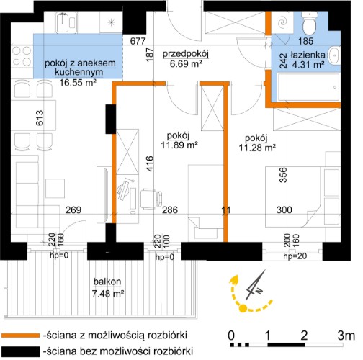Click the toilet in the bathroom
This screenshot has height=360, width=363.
click(x=310, y=22)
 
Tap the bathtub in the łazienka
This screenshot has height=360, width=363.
click(x=308, y=87)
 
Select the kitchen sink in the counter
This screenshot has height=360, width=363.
click(x=66, y=22)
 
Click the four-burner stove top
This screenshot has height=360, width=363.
click(x=22, y=56)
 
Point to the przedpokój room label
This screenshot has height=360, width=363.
click(x=186, y=53)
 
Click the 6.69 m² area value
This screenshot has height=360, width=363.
click(x=186, y=64)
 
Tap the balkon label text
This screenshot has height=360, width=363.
click(x=107, y=282)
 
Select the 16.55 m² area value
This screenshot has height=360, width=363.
click(x=78, y=83)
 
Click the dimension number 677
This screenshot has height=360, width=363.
click(x=138, y=41)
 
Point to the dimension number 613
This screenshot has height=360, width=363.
click(x=40, y=117)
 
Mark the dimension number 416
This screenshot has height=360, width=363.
click(x=150, y=163)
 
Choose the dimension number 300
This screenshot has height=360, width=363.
click(x=284, y=210)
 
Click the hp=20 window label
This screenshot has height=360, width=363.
click(x=295, y=256)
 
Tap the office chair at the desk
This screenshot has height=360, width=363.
click(x=151, y=198)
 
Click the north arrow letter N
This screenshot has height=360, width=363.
click(x=259, y=291)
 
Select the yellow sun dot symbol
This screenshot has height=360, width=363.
click(x=243, y=308)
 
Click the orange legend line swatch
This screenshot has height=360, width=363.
click(x=20, y=336)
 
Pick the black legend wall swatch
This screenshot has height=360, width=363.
click(x=20, y=351)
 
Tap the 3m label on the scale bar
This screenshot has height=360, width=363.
click(x=346, y=336)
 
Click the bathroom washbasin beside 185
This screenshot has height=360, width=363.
click(x=334, y=55)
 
